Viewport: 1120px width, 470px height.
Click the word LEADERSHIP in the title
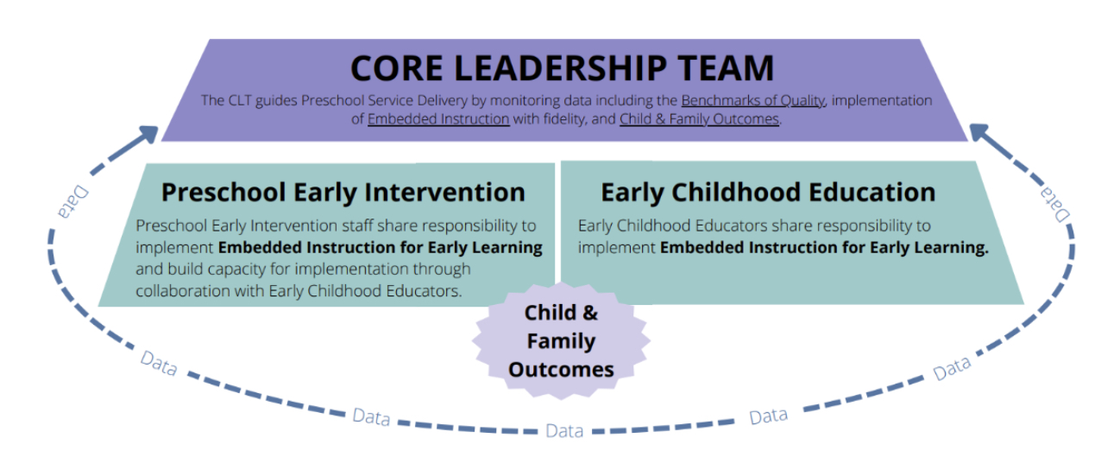point(560,68)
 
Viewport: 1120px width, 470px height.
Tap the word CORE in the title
point(397,68)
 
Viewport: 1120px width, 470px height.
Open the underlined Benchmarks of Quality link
point(753,100)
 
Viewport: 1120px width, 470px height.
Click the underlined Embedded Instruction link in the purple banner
point(438,119)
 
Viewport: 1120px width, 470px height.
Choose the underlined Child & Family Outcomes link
point(699,119)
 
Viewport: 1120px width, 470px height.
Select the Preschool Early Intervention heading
point(343,193)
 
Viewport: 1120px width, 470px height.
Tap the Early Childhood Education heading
point(768,193)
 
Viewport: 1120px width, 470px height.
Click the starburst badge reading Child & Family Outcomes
point(561,341)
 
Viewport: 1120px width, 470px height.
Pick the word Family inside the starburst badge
point(561,341)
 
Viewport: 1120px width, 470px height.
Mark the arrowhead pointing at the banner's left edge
point(148,134)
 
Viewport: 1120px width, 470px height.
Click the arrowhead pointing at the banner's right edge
point(979,133)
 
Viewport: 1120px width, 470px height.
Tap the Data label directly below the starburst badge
point(564,431)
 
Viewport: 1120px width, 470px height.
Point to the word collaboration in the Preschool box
point(183,291)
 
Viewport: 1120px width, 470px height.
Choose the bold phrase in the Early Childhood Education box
point(825,248)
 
